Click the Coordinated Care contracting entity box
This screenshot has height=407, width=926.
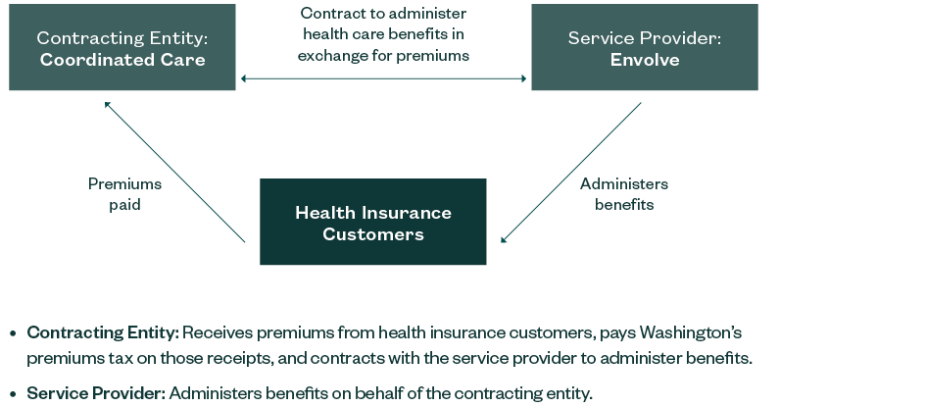(122, 47)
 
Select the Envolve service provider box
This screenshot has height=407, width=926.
(644, 47)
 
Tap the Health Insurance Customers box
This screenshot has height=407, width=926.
(372, 222)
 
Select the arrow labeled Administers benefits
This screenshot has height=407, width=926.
(571, 172)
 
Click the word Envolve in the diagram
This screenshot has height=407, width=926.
(644, 59)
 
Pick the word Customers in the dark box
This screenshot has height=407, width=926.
(373, 234)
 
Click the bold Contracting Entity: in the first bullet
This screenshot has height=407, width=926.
(103, 332)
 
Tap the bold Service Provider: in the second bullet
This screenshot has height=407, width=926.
(96, 393)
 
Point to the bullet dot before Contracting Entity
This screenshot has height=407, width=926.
(13, 333)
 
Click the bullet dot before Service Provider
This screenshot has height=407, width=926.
(13, 394)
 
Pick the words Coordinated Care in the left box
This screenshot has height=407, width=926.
(122, 59)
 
